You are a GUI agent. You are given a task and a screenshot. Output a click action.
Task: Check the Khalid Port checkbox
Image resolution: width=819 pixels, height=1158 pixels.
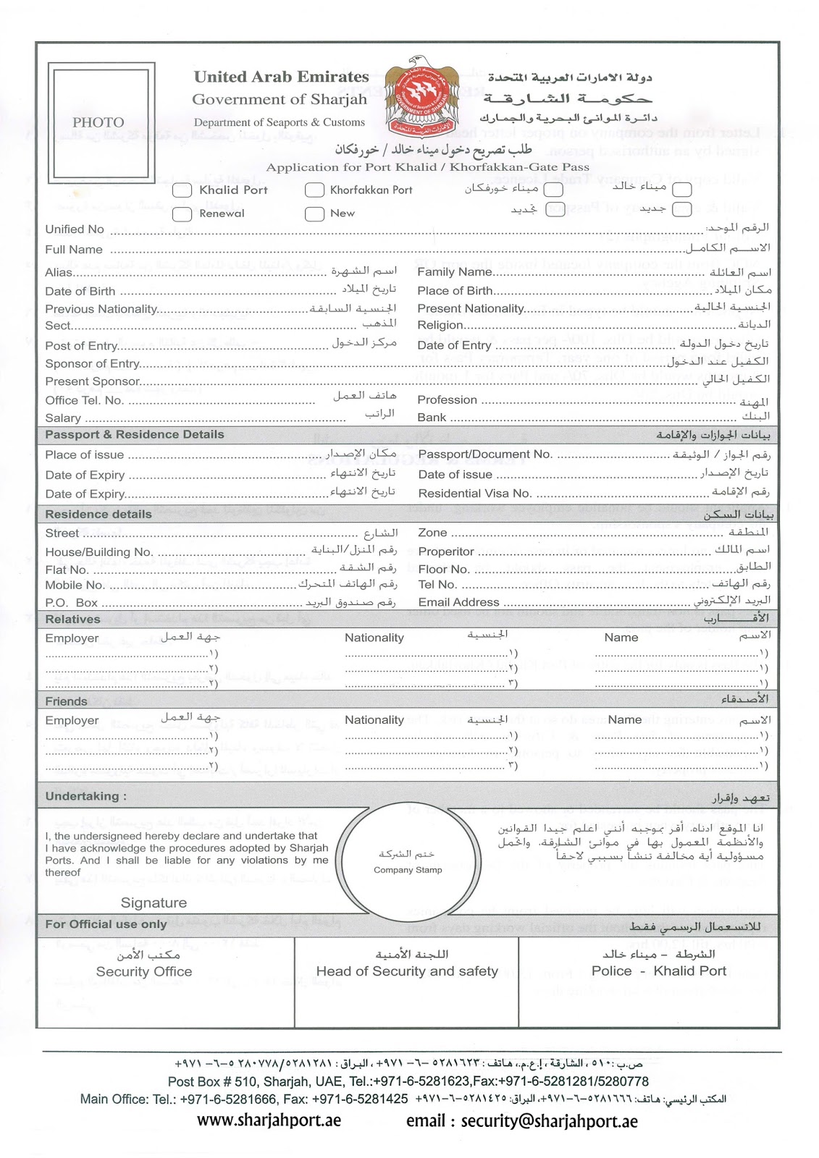pos(182,190)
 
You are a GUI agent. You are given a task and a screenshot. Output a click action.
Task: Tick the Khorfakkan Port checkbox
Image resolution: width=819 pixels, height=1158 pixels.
pos(314,190)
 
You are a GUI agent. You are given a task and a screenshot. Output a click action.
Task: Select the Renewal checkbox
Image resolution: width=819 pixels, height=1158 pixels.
pos(182,214)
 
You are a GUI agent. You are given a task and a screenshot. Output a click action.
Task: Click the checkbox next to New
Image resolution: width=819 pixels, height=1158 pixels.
pos(314,214)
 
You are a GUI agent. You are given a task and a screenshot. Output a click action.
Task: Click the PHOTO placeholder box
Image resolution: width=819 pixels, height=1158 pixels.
pos(101,122)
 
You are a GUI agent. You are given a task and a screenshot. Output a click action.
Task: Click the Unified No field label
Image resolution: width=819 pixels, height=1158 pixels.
pos(75,229)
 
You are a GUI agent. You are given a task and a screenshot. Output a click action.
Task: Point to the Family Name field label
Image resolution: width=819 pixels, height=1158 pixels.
pos(454,272)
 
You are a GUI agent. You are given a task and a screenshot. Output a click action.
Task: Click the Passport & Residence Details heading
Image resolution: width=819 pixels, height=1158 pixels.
pos(135,435)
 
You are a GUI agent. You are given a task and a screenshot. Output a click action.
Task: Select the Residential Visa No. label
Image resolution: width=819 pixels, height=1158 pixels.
pos(474,494)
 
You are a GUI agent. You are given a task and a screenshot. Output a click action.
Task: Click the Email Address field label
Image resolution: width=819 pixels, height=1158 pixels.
pos(458,602)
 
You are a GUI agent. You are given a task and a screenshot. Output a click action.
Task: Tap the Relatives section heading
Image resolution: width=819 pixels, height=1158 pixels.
pos(72,620)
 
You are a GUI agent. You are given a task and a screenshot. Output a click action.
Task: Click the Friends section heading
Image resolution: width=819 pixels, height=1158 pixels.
pos(66,701)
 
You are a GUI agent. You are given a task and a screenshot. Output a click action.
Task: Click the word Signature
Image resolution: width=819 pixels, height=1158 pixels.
pos(154,903)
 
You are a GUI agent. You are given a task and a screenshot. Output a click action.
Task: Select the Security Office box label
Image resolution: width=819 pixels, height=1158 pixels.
pos(144,972)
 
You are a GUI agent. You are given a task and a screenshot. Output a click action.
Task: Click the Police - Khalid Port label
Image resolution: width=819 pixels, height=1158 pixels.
pos(658,971)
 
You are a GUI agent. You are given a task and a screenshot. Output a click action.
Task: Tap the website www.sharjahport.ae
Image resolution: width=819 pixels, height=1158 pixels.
pos(269,1120)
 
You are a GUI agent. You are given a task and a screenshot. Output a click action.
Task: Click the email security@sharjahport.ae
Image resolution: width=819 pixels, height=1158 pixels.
pos(521,1121)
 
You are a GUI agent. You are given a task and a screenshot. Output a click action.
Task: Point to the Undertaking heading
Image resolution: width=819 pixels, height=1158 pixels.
pos(85,796)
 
